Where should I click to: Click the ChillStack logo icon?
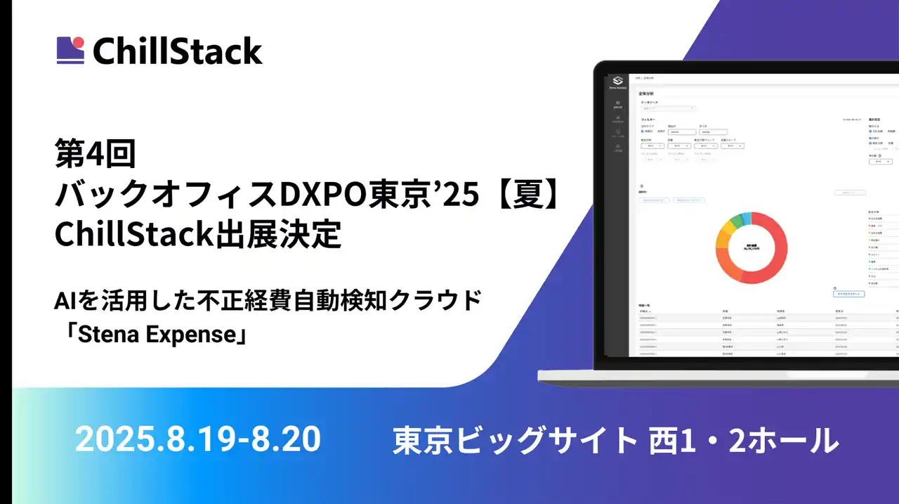[70, 50]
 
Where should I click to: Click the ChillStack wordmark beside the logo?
[177, 51]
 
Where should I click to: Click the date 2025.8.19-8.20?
[197, 439]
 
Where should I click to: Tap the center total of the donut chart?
[751, 248]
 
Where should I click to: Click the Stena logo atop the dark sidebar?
[617, 82]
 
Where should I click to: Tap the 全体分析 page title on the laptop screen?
[645, 93]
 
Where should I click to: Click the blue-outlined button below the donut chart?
[848, 294]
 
